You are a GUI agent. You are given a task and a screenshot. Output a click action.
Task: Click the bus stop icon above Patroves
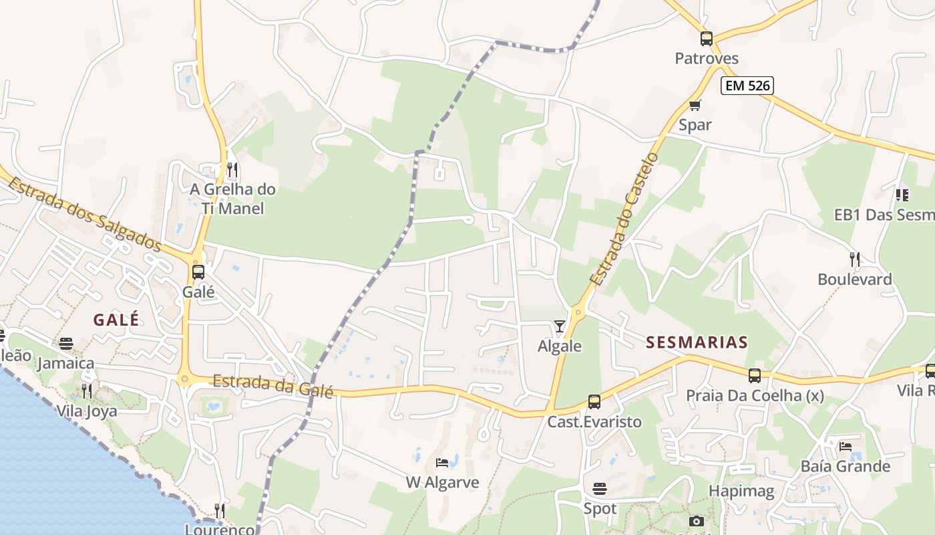coord(707,39)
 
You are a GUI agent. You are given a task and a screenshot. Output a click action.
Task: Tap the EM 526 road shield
coord(747,86)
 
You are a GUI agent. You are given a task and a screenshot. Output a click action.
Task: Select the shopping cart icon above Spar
coord(695,105)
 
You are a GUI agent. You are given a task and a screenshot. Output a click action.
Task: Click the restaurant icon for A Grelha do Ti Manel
coord(232,169)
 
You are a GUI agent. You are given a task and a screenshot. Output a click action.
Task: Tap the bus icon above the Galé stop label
coord(198,272)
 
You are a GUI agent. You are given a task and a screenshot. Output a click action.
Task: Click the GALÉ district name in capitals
coord(116,320)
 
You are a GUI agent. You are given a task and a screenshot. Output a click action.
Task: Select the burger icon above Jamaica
coord(66,344)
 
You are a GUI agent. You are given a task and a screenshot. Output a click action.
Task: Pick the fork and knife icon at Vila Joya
coord(86,391)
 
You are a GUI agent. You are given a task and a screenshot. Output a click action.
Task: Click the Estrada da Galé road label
coord(272,386)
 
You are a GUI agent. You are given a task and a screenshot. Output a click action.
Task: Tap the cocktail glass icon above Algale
coord(560,326)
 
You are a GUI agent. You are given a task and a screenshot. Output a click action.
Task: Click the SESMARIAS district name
coord(697,342)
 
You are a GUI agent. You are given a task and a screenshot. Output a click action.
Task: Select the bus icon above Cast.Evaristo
coord(594,402)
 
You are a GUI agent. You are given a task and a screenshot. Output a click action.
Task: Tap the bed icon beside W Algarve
coord(442,462)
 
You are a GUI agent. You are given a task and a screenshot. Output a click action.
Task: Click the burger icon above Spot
coord(600,489)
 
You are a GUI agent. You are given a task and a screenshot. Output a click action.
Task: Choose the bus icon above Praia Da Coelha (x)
coord(755,376)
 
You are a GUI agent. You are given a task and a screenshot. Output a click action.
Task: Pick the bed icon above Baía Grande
coord(846,446)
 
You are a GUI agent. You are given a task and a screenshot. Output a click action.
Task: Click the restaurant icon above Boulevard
coord(854,259)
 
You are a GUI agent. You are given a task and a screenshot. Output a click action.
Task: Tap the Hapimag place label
coord(741,492)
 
